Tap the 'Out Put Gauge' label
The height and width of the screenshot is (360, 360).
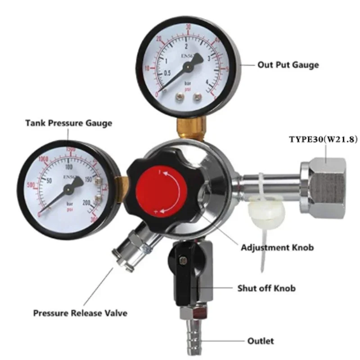point(288,65)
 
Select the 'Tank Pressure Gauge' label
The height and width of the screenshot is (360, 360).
point(68,122)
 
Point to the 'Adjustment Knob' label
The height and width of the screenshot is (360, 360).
point(277,247)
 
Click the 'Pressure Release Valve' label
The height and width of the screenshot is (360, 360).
point(80,313)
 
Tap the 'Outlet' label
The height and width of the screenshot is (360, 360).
point(260,341)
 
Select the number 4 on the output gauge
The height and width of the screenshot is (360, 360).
point(207,82)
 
